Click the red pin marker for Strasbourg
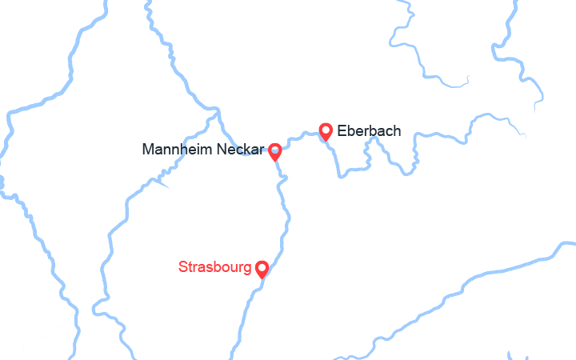[262, 269]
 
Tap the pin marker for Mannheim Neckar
[274, 151]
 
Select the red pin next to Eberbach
[326, 132]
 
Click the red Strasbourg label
[214, 266]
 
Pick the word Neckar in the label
[241, 150]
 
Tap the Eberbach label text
[369, 130]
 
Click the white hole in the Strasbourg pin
[262, 266]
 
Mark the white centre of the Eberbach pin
[326, 129]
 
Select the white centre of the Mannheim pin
[274, 149]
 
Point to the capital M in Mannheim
[147, 150]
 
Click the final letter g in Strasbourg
[246, 268]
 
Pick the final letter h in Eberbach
[397, 130]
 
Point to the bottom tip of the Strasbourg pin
[262, 278]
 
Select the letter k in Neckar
[250, 150]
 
